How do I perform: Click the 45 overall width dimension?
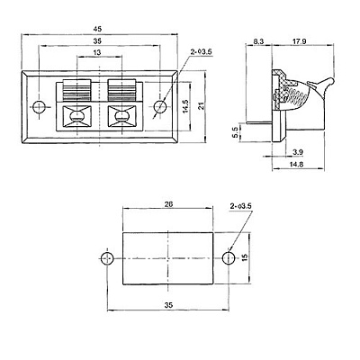(x=97, y=29)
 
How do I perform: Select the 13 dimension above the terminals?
(x=97, y=52)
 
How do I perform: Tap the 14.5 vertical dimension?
(x=185, y=106)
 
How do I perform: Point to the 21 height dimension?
(x=201, y=105)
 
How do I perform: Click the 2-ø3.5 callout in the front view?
(x=201, y=52)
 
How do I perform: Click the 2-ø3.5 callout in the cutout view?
(x=240, y=206)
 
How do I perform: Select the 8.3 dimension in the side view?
(x=258, y=41)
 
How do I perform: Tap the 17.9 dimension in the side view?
(x=299, y=41)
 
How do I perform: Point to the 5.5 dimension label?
(x=235, y=132)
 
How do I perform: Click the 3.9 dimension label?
(x=298, y=152)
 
